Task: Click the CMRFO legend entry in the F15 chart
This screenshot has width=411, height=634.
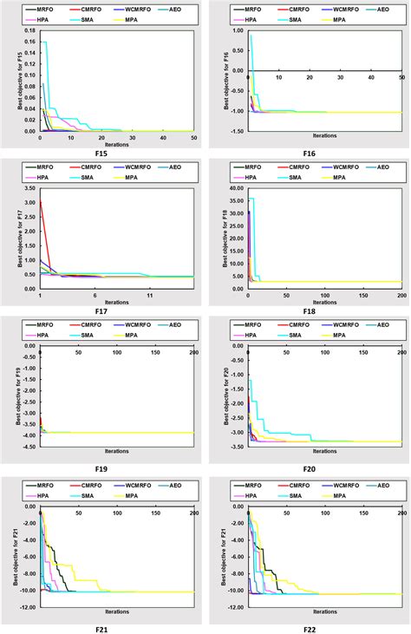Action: (89, 9)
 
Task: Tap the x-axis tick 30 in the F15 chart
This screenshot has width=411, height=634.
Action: (132, 137)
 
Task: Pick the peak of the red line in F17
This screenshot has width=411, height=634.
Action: (41, 202)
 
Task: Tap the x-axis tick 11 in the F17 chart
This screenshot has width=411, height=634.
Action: (150, 296)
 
